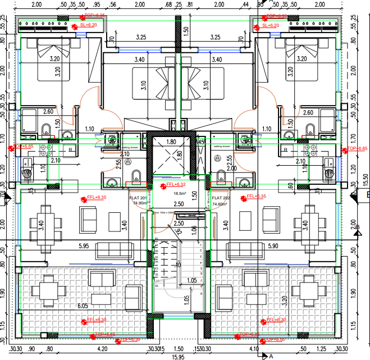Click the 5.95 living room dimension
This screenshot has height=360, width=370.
point(84,245)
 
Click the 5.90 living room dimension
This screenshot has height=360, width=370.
point(273,245)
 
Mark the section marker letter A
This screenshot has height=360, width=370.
point(271,356)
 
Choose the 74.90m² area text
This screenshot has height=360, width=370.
point(139,204)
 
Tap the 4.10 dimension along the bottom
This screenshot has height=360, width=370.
point(254,348)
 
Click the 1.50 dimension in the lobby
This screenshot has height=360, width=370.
point(194,194)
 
